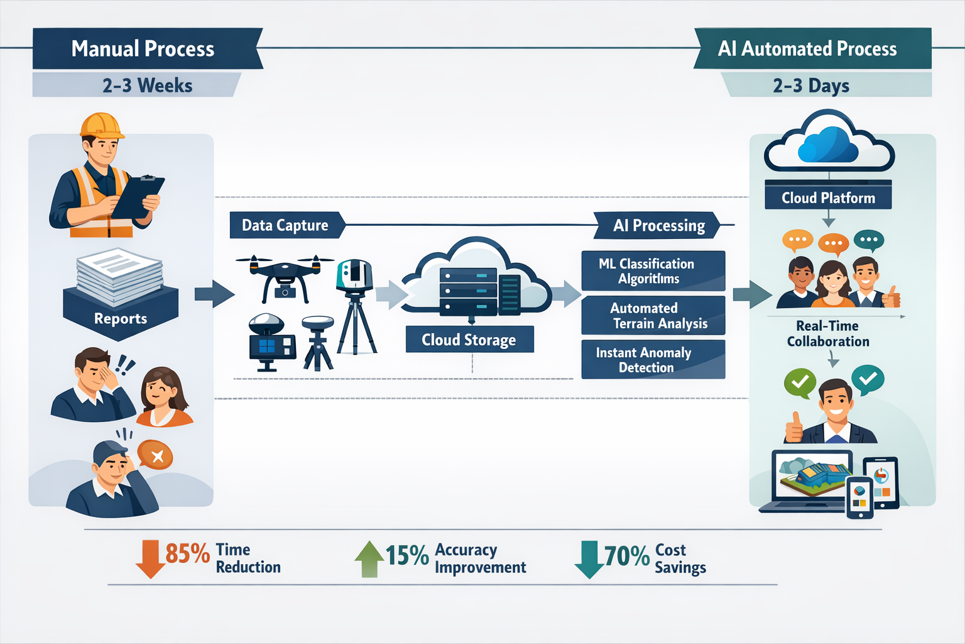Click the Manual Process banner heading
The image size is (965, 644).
click(143, 49)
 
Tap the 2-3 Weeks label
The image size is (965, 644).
click(147, 86)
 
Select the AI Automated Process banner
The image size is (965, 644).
click(807, 49)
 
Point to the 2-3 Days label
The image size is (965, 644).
click(811, 86)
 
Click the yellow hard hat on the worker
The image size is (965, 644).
click(101, 125)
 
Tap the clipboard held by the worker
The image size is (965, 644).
click(138, 196)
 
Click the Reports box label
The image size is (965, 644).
click(121, 318)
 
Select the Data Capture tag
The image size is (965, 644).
click(285, 225)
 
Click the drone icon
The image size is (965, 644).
click(285, 274)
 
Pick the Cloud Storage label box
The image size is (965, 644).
click(469, 340)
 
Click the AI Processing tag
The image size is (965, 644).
click(658, 225)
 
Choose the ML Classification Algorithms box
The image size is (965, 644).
click(653, 271)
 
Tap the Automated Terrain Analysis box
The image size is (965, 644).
click(653, 316)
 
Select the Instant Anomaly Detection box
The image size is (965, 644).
click(653, 360)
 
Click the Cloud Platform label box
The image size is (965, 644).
click(828, 197)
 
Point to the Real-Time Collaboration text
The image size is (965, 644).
click(828, 333)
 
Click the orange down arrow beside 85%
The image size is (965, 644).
click(150, 558)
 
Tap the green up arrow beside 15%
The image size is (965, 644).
click(369, 558)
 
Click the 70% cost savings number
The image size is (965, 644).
click(626, 557)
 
